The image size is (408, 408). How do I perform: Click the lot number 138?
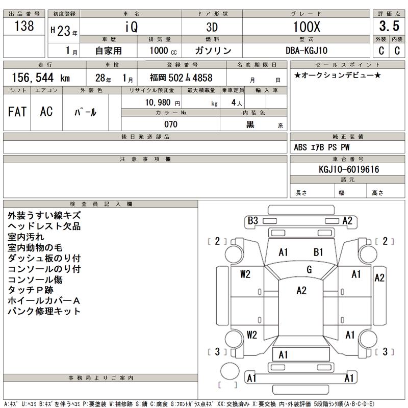coord(24,27)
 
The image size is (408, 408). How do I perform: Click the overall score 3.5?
coord(388,27)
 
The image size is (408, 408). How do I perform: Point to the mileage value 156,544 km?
coord(41,78)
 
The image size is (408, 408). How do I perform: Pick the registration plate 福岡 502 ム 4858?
coord(181,78)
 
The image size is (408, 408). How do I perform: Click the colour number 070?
coord(170,124)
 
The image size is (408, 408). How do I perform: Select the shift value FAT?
coord(17,112)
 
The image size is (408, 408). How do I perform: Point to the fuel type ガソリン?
coord(213,51)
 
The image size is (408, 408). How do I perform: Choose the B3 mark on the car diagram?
coord(253,221)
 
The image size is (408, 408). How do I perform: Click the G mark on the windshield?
coord(309,270)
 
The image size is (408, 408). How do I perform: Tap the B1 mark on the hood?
coord(318,252)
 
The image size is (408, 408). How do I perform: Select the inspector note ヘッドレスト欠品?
coord(44,226)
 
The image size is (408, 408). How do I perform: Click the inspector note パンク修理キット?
coord(44,311)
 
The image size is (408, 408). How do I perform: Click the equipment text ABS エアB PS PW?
coord(322,148)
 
